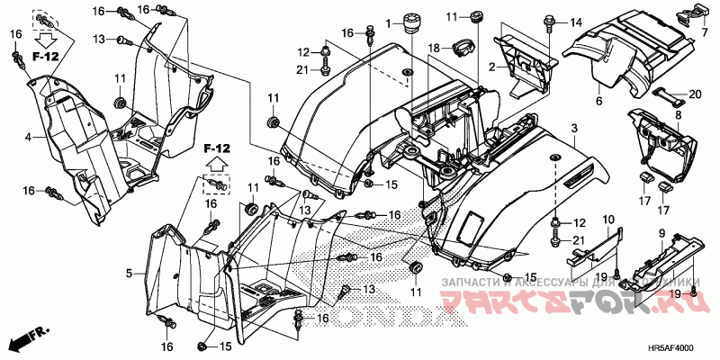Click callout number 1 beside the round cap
click(x=390, y=22)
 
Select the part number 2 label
click(x=492, y=67)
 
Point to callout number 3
click(x=573, y=131)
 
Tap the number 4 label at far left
click(x=28, y=137)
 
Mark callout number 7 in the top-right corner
click(x=706, y=33)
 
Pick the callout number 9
click(x=662, y=233)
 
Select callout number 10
click(x=608, y=219)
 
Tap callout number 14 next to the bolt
click(x=577, y=22)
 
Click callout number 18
click(x=433, y=48)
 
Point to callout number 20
click(x=695, y=94)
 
